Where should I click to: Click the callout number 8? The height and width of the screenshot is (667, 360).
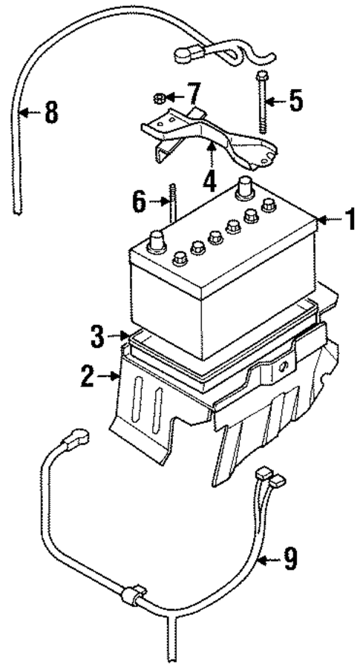(x=50, y=113)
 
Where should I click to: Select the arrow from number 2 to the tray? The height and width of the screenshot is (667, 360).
(x=111, y=377)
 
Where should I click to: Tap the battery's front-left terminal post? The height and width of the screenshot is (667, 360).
(x=158, y=242)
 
